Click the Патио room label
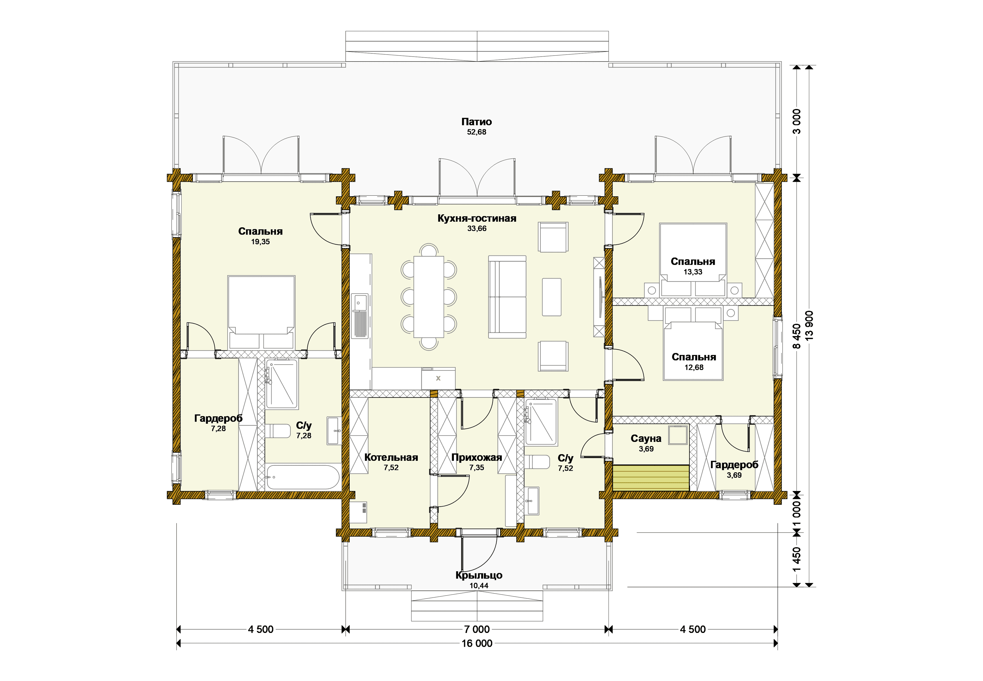pyautogui.click(x=477, y=122)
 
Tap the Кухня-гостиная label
pyautogui.click(x=477, y=218)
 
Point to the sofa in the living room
pyautogui.click(x=507, y=297)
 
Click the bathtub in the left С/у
pyautogui.click(x=302, y=477)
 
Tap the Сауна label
pyautogui.click(x=646, y=439)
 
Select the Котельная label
pyautogui.click(x=391, y=457)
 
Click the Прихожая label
pyautogui.click(x=477, y=457)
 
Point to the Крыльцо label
pyautogui.click(x=479, y=575)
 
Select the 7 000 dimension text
pyautogui.click(x=477, y=629)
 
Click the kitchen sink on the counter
pyautogui.click(x=360, y=316)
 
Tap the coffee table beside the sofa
pyautogui.click(x=552, y=297)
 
